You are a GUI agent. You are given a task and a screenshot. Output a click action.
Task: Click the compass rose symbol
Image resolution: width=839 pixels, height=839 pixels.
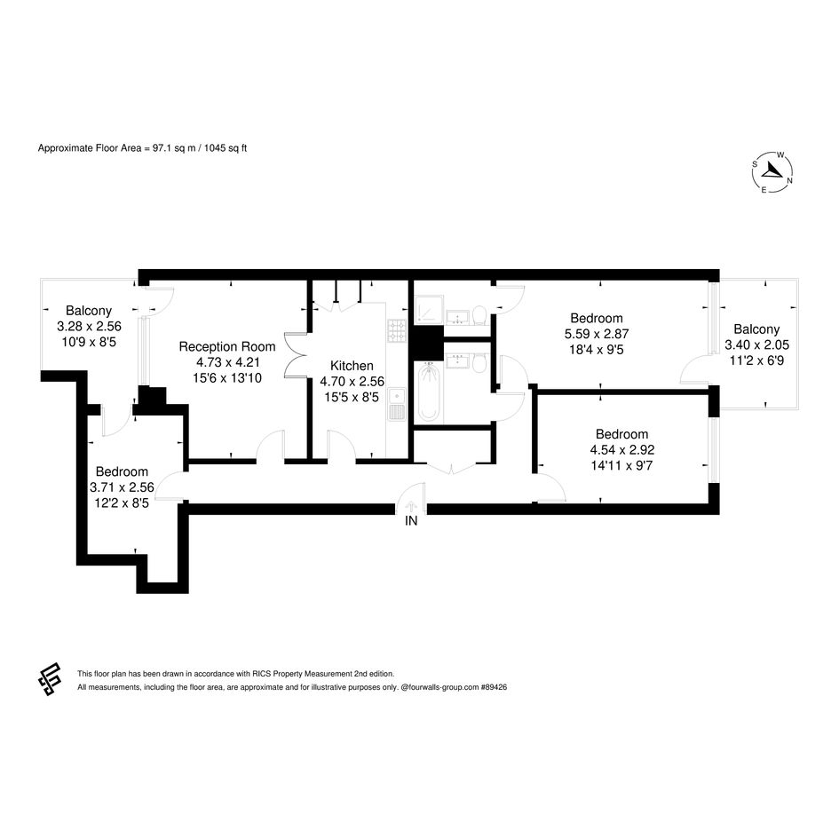click(x=772, y=172)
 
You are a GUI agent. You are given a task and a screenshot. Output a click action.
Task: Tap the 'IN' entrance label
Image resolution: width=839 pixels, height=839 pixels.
click(x=411, y=520)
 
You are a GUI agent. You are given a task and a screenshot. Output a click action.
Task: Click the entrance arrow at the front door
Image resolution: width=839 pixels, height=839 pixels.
click(x=410, y=506)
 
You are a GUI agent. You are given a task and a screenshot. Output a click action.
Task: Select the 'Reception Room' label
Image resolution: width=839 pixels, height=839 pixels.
click(x=227, y=347)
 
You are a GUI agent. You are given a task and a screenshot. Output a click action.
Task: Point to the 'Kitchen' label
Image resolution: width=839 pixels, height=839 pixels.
click(x=352, y=366)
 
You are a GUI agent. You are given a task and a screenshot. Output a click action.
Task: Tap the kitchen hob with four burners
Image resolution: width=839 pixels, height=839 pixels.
click(x=397, y=330)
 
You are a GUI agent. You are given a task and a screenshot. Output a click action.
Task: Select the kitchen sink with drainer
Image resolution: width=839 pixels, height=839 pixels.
click(x=397, y=405)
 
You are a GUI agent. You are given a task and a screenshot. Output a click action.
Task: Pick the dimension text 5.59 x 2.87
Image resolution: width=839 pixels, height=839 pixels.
click(x=597, y=334)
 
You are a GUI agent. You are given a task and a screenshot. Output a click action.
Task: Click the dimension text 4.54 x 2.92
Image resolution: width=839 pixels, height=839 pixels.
click(x=622, y=450)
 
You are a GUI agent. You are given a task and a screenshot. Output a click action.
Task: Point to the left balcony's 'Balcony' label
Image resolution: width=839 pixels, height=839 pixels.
click(x=89, y=311)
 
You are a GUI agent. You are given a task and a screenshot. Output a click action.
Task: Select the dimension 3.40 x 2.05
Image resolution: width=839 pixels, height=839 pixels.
click(x=756, y=345)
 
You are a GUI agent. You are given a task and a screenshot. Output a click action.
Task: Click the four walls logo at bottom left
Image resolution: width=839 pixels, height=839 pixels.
click(x=49, y=679)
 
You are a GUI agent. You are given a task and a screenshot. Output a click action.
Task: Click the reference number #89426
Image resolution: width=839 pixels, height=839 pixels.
click(x=494, y=687)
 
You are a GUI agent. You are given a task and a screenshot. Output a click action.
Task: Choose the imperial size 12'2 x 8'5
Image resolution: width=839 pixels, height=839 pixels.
click(x=122, y=503)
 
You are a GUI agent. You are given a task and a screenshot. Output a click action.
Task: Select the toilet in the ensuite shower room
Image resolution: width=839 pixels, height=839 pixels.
click(x=479, y=315)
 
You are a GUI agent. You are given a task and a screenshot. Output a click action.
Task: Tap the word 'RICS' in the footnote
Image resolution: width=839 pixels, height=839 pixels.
click(x=261, y=674)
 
